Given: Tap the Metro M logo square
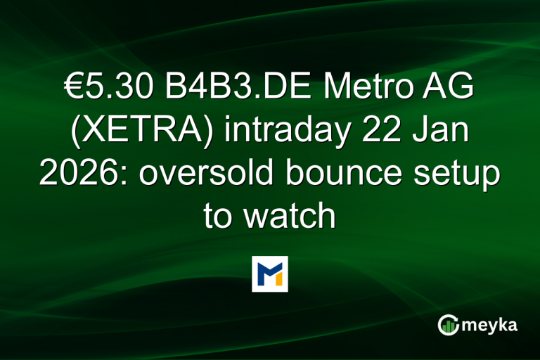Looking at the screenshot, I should pos(270,274).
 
